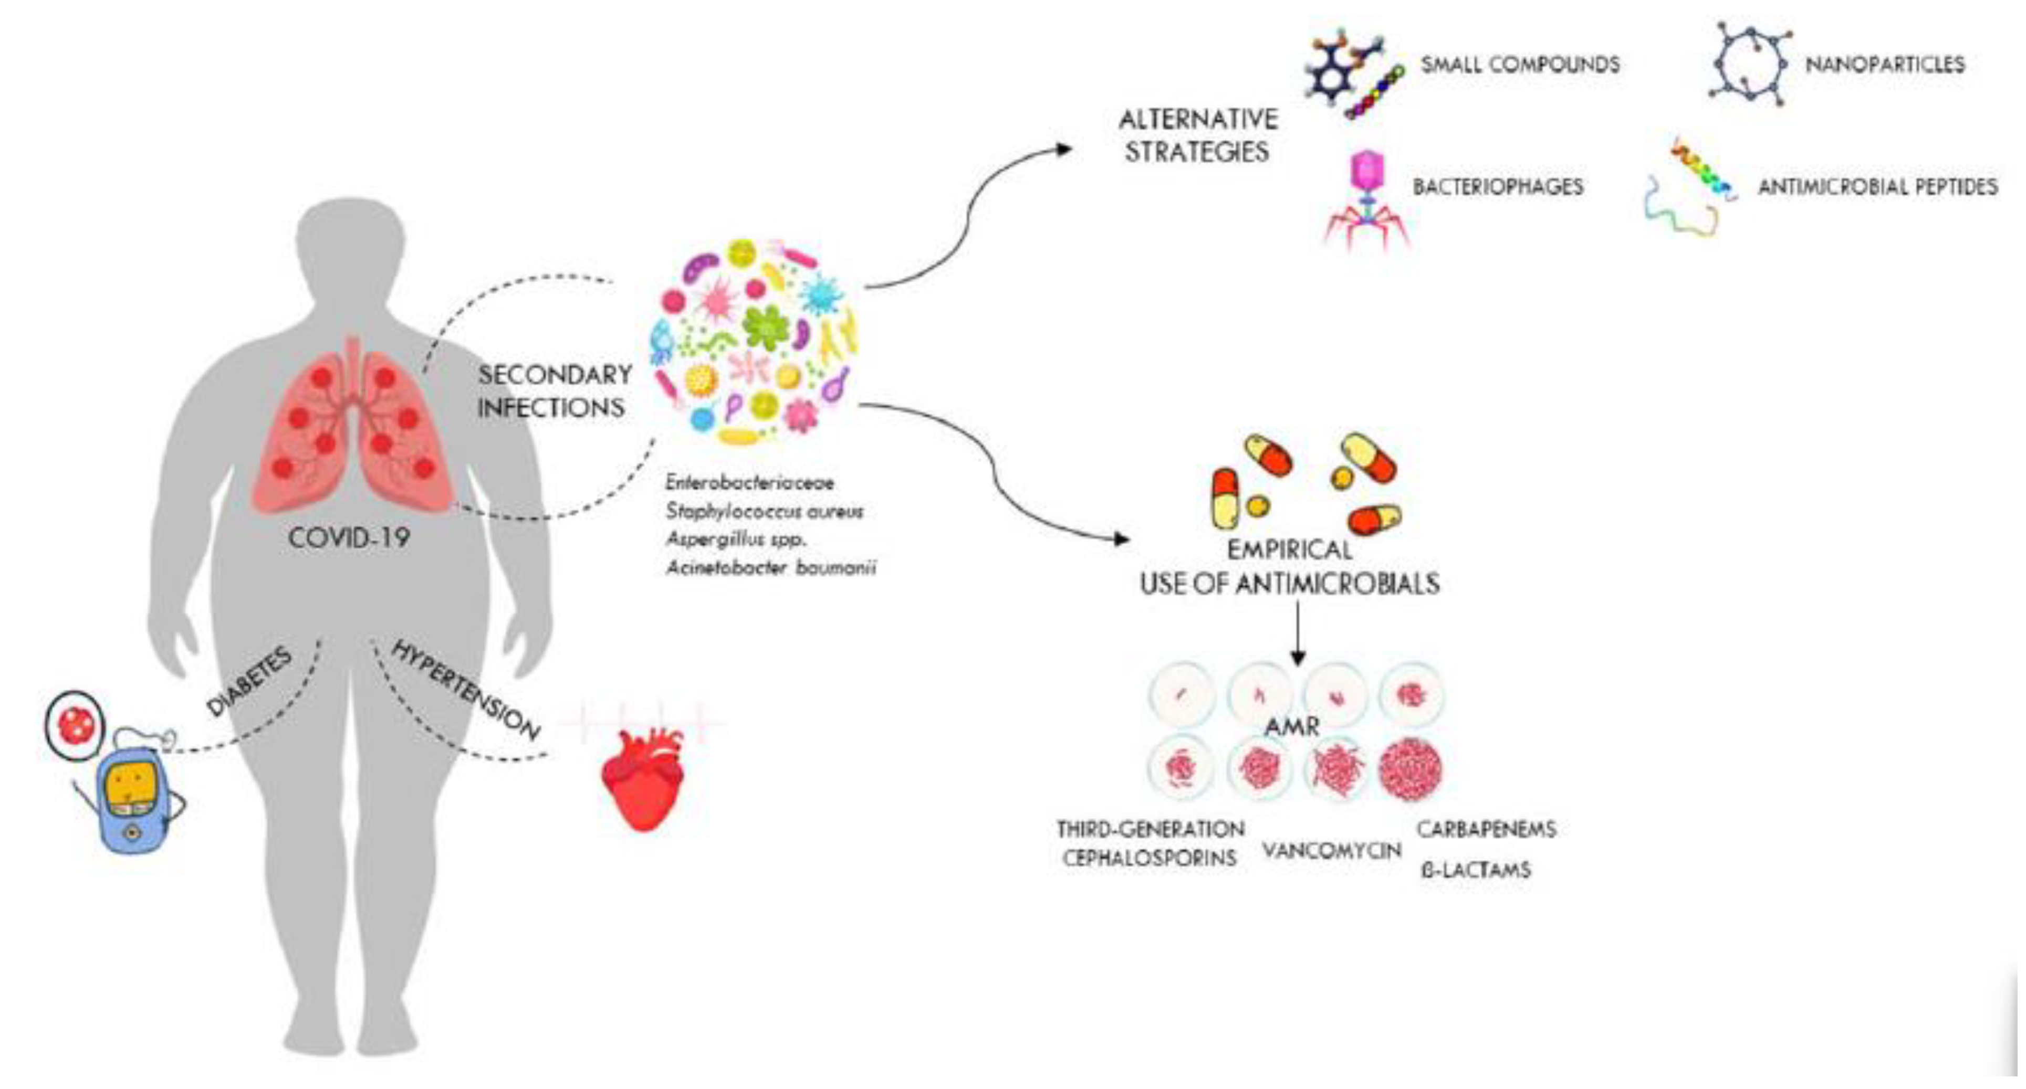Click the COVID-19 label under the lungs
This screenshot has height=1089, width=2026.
tap(348, 538)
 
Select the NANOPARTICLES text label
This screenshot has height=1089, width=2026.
tap(1884, 65)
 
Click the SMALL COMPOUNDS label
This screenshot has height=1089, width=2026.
tap(1520, 65)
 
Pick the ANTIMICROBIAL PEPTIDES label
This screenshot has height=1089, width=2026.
tap(1877, 187)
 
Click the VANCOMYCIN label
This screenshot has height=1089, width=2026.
tap(1332, 851)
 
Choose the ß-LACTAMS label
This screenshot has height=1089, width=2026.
tap(1476, 870)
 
